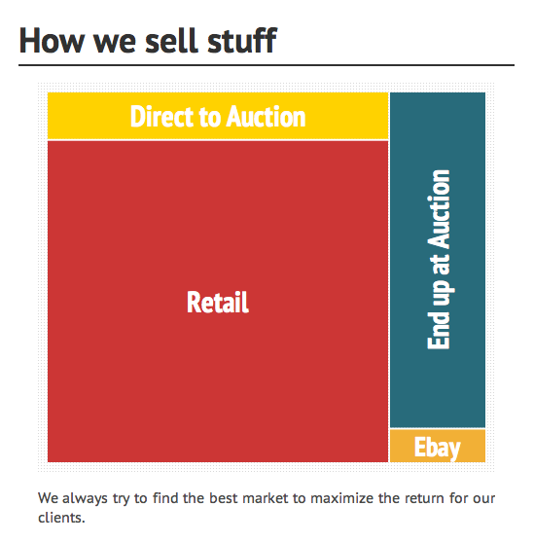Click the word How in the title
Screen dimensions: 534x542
52,41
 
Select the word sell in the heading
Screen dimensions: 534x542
172,40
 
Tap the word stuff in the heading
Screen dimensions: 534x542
242,40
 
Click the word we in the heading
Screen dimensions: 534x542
115,44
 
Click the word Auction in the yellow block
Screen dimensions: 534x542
266,117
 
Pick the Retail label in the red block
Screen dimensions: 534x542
218,302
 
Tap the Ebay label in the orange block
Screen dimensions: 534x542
438,448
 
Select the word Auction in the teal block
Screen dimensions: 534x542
439,209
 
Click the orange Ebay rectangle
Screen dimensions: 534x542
438,446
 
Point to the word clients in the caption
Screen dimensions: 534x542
61,518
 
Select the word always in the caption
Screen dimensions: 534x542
85,499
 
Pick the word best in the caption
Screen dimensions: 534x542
224,498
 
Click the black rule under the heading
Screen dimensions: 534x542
267,64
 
